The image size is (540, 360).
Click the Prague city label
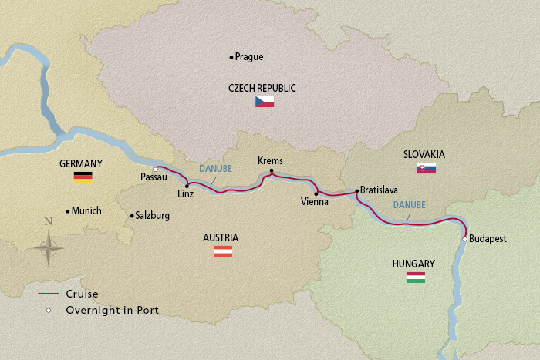click(251, 57)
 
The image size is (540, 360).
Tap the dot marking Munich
click(68, 210)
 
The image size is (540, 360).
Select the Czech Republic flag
click(265, 102)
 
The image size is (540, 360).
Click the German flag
click(83, 177)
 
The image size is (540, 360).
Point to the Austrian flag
click(223, 251)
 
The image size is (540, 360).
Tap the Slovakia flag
click(427, 168)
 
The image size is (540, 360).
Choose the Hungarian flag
click(415, 277)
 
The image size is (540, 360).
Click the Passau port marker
click(156, 169)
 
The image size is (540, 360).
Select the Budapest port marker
click(464, 239)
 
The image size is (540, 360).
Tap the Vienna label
click(316, 202)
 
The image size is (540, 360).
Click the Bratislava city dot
click(356, 190)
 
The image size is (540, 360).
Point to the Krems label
click(270, 160)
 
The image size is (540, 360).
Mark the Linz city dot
click(187, 186)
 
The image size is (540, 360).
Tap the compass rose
click(49, 248)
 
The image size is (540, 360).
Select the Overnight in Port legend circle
click(49, 310)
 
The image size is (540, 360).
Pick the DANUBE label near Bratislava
click(408, 206)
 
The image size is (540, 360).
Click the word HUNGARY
click(413, 264)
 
